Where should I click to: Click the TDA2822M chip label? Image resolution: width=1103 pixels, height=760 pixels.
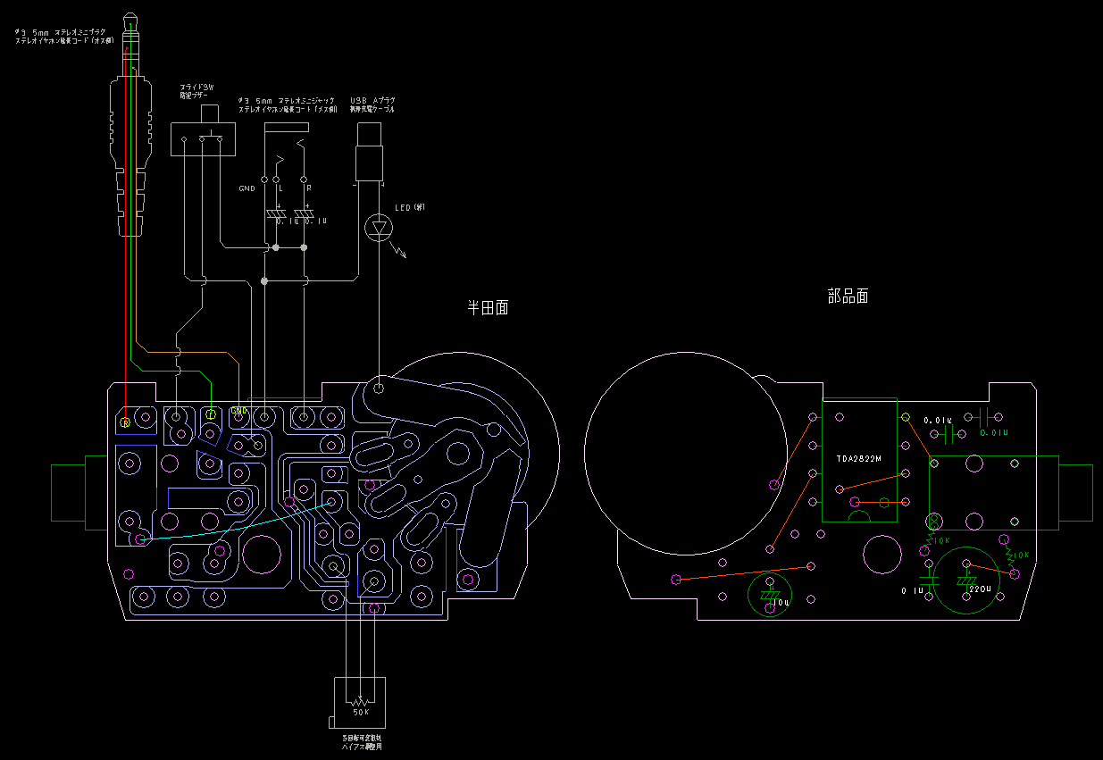pyautogui.click(x=858, y=459)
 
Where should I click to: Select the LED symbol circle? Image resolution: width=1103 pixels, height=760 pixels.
pyautogui.click(x=380, y=228)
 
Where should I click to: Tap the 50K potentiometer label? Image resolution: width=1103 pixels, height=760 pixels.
pyautogui.click(x=361, y=712)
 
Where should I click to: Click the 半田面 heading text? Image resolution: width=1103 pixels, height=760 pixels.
pyautogui.click(x=489, y=308)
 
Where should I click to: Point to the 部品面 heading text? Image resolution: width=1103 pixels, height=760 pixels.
pyautogui.click(x=848, y=296)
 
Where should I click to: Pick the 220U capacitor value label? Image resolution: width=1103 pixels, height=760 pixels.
pyautogui.click(x=980, y=589)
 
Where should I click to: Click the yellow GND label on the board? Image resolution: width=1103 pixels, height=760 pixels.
pyautogui.click(x=238, y=411)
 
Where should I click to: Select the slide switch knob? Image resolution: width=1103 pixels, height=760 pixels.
pyautogui.click(x=212, y=113)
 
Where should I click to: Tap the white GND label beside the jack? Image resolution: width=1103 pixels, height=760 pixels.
pyautogui.click(x=247, y=188)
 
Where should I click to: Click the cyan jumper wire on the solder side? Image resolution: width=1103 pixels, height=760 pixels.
pyautogui.click(x=223, y=528)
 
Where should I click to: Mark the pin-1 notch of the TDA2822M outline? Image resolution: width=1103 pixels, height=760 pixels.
pyautogui.click(x=858, y=519)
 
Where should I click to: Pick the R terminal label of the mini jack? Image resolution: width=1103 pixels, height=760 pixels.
pyautogui.click(x=309, y=188)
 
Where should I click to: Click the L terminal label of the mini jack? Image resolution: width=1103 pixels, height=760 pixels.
pyautogui.click(x=280, y=188)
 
